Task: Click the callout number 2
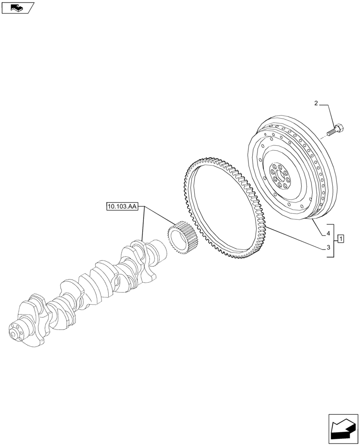[316, 103]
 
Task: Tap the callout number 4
[328, 233]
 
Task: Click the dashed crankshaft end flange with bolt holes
[17, 334]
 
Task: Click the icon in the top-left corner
[18, 7]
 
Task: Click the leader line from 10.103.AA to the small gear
[158, 216]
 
